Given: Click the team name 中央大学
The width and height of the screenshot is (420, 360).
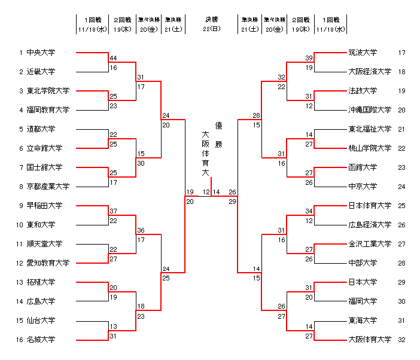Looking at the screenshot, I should coord(41,53).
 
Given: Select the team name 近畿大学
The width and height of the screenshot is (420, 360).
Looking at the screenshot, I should coord(41,72).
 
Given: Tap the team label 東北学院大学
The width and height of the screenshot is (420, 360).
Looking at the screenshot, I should coord(48,91).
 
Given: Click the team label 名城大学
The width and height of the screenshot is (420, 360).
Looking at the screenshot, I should coord(41,340).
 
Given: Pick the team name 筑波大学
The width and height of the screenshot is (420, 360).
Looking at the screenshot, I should coord(363,53).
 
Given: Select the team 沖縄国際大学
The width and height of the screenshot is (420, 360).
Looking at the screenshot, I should coord(370,110).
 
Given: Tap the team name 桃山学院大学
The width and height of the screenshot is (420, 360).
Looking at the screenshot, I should coord(370,148).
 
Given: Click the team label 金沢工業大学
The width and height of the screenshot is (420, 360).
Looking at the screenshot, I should coord(370,244).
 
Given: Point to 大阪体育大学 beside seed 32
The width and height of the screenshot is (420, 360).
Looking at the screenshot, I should coord(370,340).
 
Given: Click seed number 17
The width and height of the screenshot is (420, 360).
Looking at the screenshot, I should coord(402,53).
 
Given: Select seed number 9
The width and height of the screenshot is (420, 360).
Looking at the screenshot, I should coord(21,206).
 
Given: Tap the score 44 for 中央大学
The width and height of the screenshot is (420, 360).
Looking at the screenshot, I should coord(113,58).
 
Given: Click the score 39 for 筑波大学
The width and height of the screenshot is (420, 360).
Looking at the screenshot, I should coord(309,58).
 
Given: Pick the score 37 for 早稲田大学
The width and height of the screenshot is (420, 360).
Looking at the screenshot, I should coord(113,211).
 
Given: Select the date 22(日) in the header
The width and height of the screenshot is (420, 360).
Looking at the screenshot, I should coord(211,29).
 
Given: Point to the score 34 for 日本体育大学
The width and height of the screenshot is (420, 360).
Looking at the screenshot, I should coord(309,211).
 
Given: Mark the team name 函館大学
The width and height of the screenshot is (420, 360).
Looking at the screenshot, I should coord(363,167).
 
